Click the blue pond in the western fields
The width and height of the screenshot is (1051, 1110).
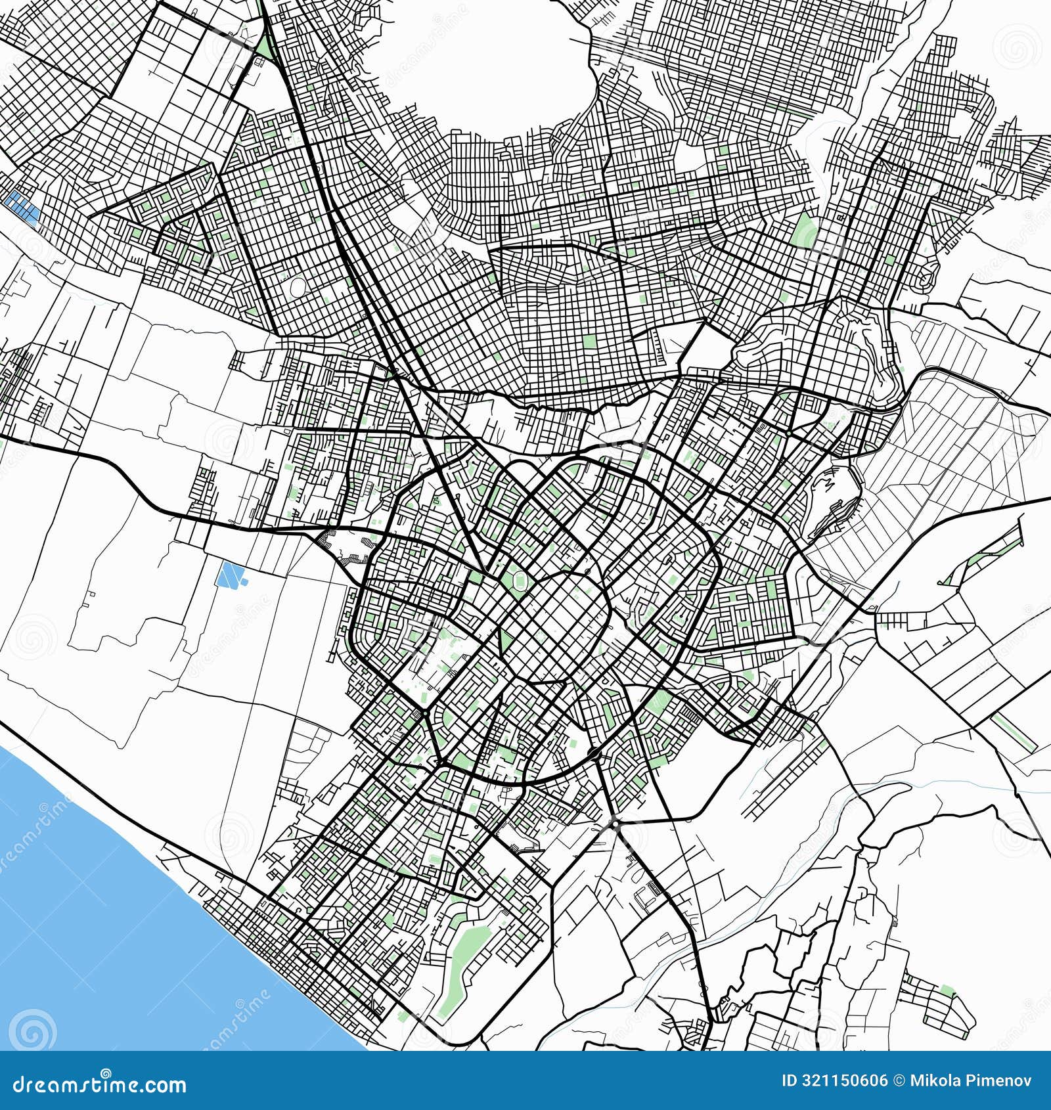coord(230,575)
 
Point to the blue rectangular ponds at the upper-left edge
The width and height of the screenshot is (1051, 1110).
coord(22,207)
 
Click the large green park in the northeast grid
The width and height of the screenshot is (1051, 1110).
coord(805,230)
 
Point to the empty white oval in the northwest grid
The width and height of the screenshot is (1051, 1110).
coord(298,286)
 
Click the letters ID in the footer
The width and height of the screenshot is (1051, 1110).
coord(791,1080)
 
